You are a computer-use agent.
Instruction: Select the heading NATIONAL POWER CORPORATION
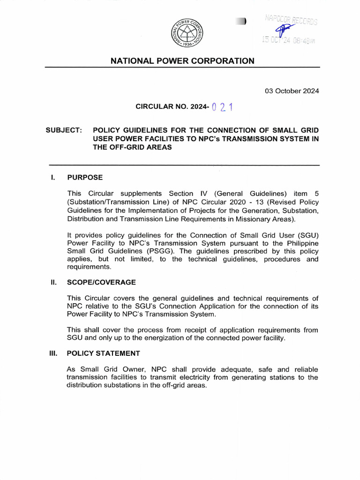(x=182, y=61)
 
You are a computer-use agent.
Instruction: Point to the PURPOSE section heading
(x=85, y=178)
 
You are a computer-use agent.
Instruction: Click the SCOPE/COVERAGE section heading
(x=101, y=282)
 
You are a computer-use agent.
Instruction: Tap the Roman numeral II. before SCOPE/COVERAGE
(x=53, y=282)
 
